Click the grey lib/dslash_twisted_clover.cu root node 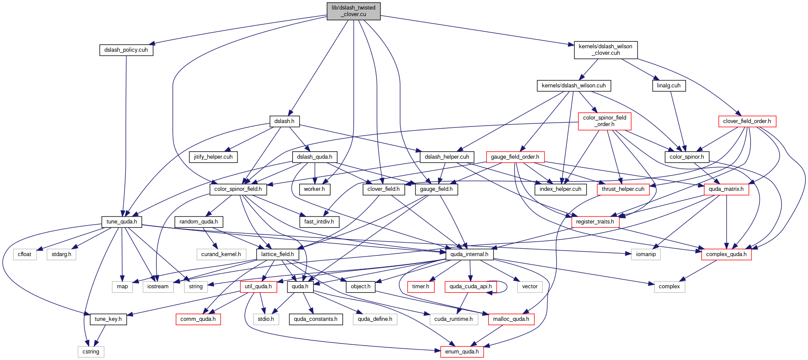point(354,11)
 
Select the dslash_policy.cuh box point(126,50)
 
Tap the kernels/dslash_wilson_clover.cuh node point(606,50)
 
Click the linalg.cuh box point(669,86)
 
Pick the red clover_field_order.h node point(747,121)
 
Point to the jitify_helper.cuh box point(213,157)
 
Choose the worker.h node point(314,189)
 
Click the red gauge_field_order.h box point(515,157)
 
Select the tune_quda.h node point(122,222)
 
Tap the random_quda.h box point(199,222)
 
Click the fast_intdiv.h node point(319,222)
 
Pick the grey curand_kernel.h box point(221,254)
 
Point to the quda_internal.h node point(469,254)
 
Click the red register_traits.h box point(595,222)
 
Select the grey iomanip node point(646,254)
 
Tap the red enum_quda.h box point(462,352)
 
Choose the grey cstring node point(91,352)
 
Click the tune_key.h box point(108,319)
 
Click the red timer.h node point(421,287)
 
